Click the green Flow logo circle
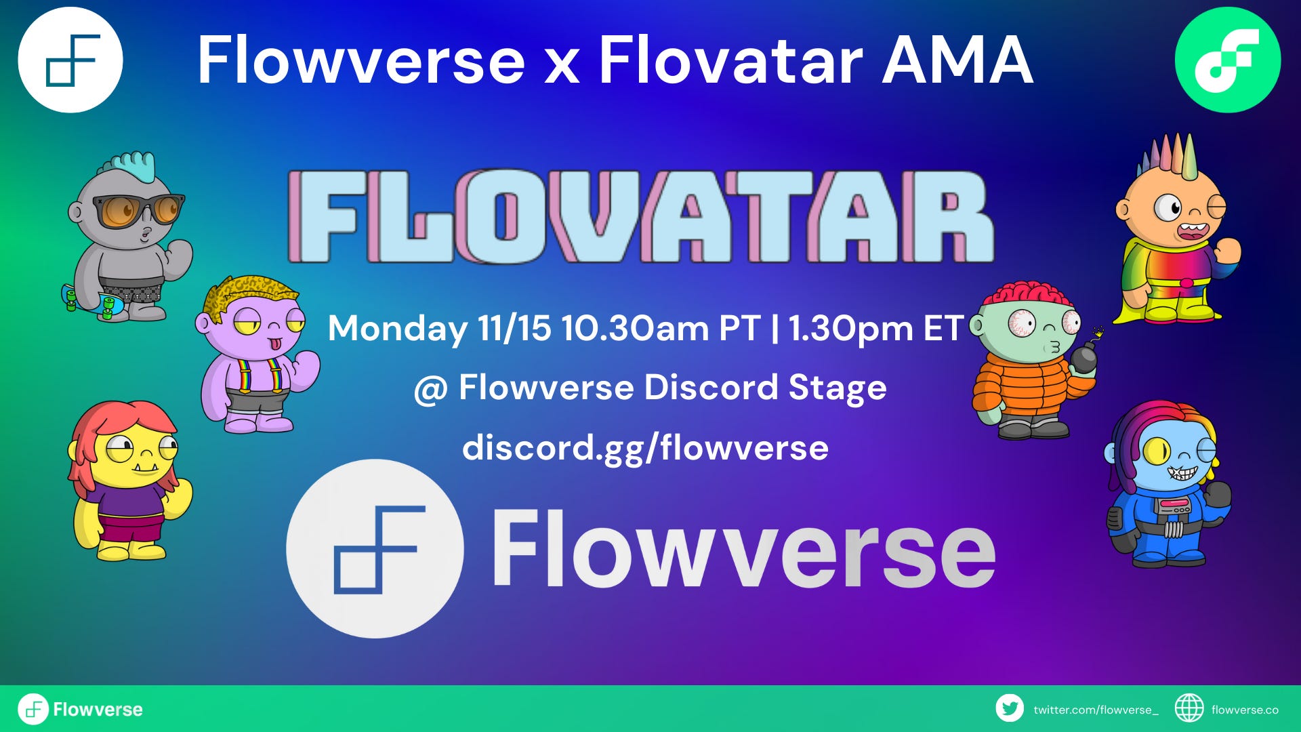pyautogui.click(x=1227, y=60)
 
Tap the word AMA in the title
pyautogui.click(x=957, y=61)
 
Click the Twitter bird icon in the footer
pyautogui.click(x=1010, y=709)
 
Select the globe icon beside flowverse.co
pyautogui.click(x=1189, y=709)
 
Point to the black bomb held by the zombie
pyautogui.click(x=1083, y=357)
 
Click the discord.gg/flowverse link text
pyautogui.click(x=645, y=448)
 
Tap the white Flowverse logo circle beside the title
pyautogui.click(x=70, y=60)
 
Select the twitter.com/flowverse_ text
pyautogui.click(x=1096, y=710)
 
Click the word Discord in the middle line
pyautogui.click(x=711, y=388)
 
